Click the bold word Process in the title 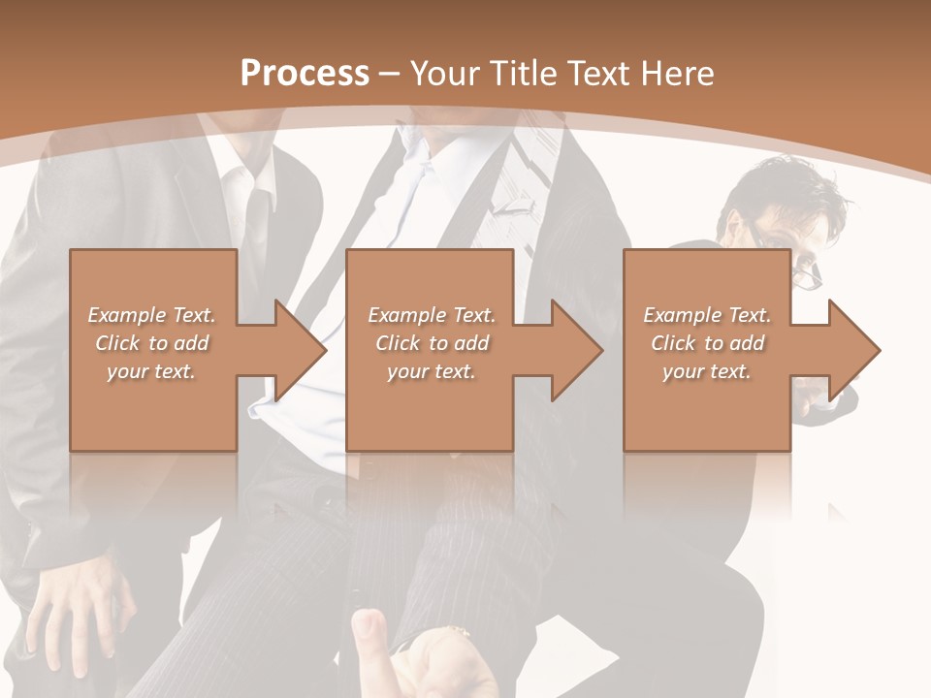[x=305, y=74]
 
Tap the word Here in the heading [x=680, y=74]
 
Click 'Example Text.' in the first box [x=151, y=315]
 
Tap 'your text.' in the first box [x=151, y=371]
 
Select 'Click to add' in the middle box [x=432, y=343]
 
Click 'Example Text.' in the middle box [x=432, y=315]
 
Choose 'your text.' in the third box [x=707, y=371]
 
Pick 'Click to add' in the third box [x=707, y=343]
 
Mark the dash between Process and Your [x=390, y=74]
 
